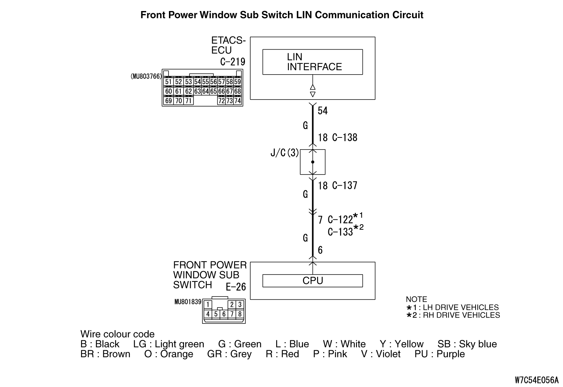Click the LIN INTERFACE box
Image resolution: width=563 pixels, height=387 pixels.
point(313,62)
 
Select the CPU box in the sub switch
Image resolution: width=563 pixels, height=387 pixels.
point(313,281)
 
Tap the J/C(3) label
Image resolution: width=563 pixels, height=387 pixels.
point(285,153)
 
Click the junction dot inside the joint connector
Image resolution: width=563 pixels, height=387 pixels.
point(313,162)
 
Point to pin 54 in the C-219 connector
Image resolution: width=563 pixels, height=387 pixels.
point(197,82)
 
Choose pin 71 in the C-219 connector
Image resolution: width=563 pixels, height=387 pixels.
point(188,100)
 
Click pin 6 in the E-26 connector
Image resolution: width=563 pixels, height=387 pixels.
point(224,314)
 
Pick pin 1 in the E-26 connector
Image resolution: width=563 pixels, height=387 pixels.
point(208,304)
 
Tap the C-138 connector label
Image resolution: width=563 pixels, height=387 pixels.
point(344,138)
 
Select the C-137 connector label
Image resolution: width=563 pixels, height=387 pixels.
point(344,186)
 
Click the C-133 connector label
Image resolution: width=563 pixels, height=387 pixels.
point(340,232)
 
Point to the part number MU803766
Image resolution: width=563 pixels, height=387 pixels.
point(146,76)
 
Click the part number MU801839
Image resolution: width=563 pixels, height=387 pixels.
point(188,302)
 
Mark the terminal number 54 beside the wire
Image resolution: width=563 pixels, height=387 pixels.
point(322,111)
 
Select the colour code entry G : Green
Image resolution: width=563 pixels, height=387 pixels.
point(240,344)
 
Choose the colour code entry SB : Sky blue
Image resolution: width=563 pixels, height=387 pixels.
point(467,344)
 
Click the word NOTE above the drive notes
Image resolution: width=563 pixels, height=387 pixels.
point(416,299)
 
